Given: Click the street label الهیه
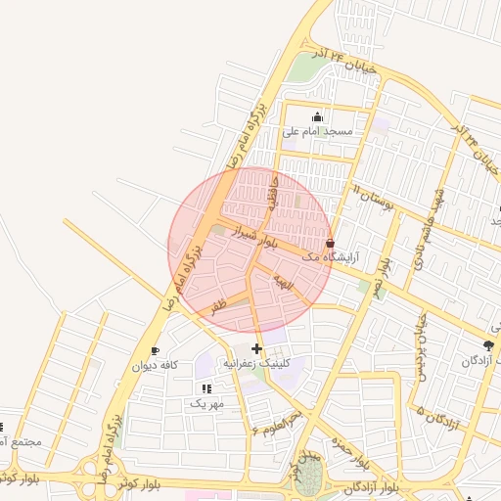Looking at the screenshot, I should tap(284, 283).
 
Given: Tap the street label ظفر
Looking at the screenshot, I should tap(217, 304).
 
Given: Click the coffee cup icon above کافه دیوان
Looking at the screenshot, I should tap(155, 350).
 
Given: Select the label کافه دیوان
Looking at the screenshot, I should tap(155, 365).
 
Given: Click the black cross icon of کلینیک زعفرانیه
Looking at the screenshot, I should tap(256, 348).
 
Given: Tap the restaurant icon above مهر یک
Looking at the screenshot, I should tap(206, 388).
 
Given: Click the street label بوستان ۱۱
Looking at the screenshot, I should tap(372, 197).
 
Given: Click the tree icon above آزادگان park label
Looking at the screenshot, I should tap(489, 345).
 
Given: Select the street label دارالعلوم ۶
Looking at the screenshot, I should tap(279, 423).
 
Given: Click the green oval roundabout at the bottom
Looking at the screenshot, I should tap(309, 477).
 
